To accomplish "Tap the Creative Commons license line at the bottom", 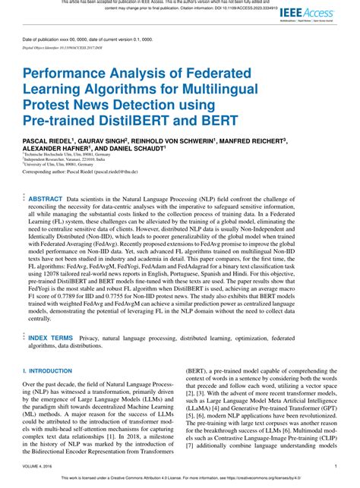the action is click(180, 480).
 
